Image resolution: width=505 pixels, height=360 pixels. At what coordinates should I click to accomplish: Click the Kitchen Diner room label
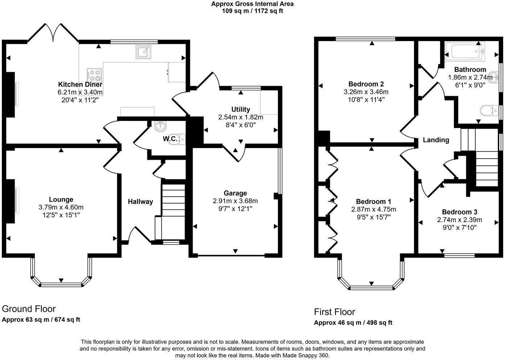click(x=80, y=85)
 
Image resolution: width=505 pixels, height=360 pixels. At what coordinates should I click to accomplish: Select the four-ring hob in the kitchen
click(x=94, y=75)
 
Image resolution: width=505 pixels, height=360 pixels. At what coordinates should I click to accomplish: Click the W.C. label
click(x=169, y=139)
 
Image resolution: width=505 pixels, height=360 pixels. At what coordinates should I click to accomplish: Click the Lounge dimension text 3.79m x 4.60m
click(x=61, y=207)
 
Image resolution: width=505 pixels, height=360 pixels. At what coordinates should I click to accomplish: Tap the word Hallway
click(x=140, y=202)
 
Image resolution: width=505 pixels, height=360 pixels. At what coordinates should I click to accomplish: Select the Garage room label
click(x=235, y=193)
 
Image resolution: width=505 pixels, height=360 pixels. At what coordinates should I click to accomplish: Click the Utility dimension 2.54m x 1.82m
click(x=241, y=117)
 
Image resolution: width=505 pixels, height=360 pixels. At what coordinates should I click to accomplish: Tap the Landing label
click(x=436, y=140)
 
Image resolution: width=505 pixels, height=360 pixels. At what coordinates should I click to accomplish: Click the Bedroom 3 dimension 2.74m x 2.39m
click(x=459, y=220)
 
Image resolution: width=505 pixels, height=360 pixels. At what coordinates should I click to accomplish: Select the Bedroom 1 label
click(x=373, y=202)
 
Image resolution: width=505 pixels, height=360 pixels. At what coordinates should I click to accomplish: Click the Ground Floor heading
click(x=29, y=309)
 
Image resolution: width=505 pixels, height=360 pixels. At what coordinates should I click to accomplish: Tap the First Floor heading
click(x=334, y=312)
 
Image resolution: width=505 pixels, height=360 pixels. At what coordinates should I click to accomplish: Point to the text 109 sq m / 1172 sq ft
click(x=252, y=11)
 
